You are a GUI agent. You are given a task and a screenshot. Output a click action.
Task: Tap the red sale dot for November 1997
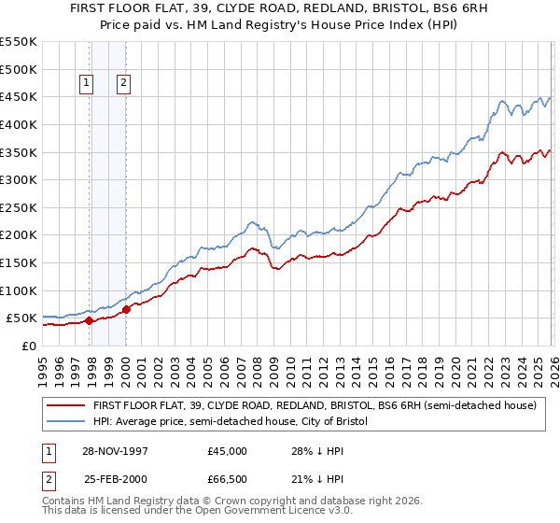[90, 320]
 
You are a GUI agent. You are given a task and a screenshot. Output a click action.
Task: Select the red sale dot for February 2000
[126, 309]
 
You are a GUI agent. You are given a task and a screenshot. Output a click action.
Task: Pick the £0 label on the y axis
[29, 346]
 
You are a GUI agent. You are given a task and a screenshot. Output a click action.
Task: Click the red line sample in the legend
[65, 406]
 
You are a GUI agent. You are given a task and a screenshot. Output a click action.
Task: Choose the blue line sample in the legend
[65, 422]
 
